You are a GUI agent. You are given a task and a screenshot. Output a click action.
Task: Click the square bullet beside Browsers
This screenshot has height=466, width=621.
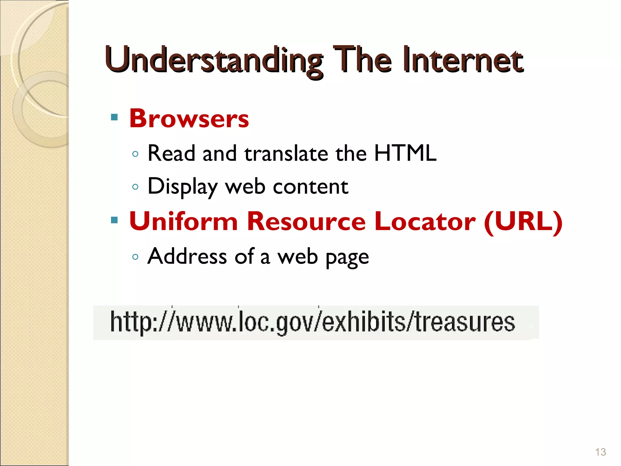coord(114,117)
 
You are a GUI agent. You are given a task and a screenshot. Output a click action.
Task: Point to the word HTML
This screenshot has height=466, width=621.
coord(405,153)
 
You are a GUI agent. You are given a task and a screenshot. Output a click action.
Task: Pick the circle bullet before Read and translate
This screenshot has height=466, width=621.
coord(136,154)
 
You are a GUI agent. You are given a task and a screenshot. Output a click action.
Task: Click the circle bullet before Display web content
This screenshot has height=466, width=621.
coord(136,187)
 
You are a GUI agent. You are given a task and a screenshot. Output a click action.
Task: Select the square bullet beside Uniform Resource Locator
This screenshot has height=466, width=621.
coord(114,220)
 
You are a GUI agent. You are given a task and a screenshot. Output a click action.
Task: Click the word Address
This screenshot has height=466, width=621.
coord(187,257)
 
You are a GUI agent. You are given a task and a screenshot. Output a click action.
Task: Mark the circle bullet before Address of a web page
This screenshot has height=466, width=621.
coord(136,257)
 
